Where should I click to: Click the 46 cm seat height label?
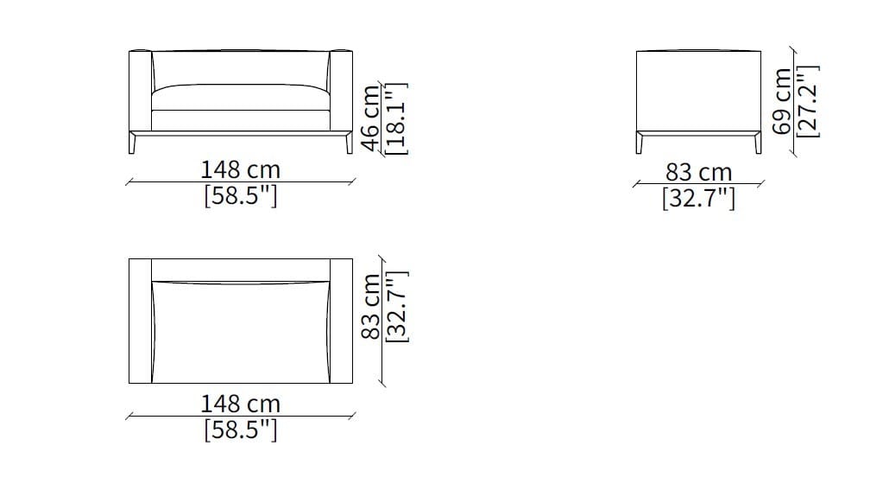coord(370,118)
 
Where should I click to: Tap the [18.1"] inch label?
coord(395,118)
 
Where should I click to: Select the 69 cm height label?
coord(782,101)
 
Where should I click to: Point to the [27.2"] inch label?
coord(808,101)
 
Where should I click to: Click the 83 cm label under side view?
coord(698,173)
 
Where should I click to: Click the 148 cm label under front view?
coord(241,169)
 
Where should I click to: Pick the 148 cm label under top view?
coord(241,404)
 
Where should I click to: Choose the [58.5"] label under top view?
coord(241,430)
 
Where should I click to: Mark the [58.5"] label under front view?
coord(241,196)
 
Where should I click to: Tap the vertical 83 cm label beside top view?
coord(370,307)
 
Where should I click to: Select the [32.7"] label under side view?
coord(698,200)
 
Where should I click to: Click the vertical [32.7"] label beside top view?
coord(395,307)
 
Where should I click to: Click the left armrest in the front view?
coord(140,91)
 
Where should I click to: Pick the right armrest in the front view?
coord(342,91)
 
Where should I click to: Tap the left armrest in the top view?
coord(140,321)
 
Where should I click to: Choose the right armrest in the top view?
coord(342,321)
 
